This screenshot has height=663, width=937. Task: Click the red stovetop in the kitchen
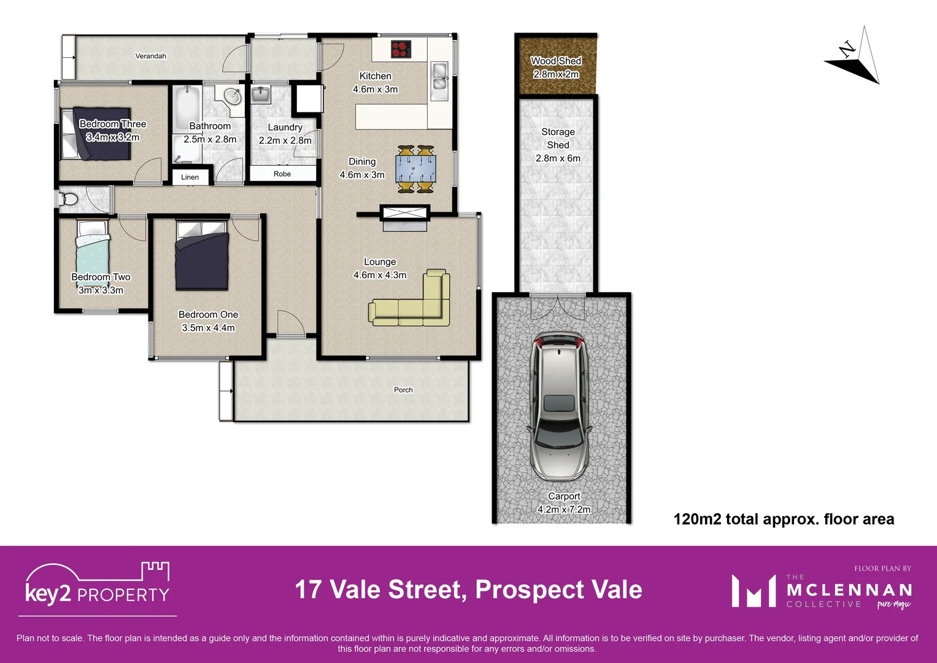click(401, 49)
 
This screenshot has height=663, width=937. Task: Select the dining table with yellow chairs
click(415, 169)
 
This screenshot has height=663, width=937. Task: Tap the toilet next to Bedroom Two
click(68, 199)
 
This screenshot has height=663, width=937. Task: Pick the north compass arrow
click(854, 58)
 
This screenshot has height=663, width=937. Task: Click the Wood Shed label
click(556, 61)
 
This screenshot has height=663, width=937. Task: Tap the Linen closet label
click(190, 177)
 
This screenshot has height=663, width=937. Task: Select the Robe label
click(282, 174)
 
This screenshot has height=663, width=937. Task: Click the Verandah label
click(150, 56)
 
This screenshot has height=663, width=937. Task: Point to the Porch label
click(403, 390)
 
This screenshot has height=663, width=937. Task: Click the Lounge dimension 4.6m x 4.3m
click(380, 275)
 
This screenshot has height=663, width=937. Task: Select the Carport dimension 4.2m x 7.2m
click(564, 510)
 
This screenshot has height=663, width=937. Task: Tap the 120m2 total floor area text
click(784, 519)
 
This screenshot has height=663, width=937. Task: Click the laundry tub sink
click(261, 95)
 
